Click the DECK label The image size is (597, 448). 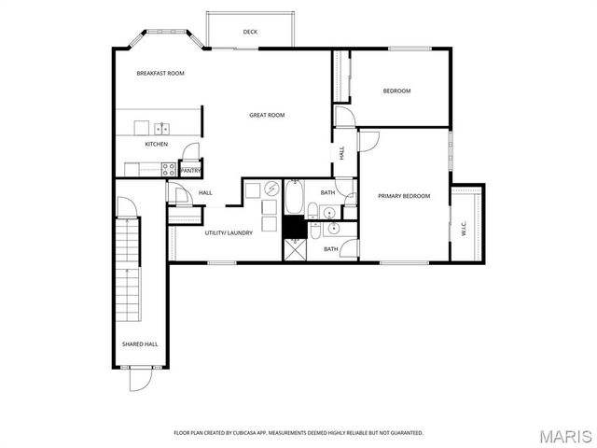coord(250,32)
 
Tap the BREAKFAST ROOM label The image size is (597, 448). coord(160,73)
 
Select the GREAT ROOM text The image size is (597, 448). coord(267,115)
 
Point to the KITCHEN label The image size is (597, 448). coord(156,145)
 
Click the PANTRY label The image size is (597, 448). coord(190,171)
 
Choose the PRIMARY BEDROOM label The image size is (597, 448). coord(404,196)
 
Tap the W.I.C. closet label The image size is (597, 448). coord(465,227)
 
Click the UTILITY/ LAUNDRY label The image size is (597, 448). coord(224,232)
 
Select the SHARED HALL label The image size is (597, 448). coord(140,343)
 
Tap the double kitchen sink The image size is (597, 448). coord(161,129)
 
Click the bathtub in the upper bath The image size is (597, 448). coord(295,198)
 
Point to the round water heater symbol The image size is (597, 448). coord(269,189)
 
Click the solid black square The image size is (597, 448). coord(296,226)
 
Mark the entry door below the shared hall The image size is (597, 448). coord(138,378)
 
